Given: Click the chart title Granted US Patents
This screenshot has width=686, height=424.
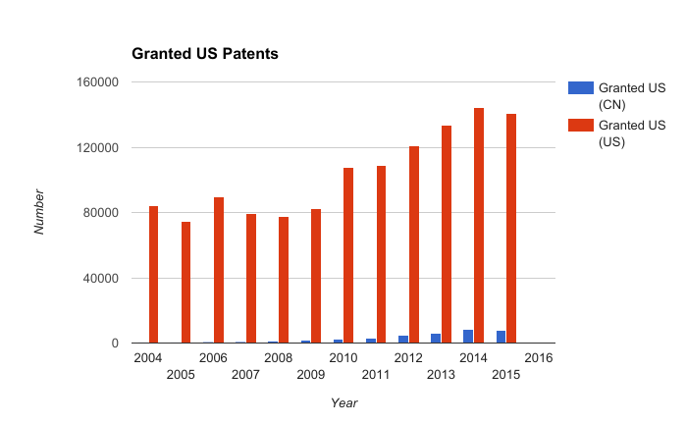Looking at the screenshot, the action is pos(205,54).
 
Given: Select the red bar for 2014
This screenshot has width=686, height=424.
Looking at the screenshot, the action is pos(479,226).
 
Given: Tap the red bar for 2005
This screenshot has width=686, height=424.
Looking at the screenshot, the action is pos(185,283).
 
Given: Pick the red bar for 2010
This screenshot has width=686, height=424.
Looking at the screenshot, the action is pos(348,255).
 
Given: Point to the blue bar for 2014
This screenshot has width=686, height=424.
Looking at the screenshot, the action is pos(468,337).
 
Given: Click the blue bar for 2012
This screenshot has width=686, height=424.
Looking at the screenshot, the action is pos(403,340).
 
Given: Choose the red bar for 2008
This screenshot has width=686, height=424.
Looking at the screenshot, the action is pos(284,280).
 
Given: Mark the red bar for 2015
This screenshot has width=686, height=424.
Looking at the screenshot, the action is pos(511,229).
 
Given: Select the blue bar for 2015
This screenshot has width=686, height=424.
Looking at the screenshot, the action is pos(501,337).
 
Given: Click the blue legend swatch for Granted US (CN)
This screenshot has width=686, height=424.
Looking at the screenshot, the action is pos(581,88).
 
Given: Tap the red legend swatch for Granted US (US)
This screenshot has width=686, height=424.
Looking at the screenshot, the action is pos(581,126).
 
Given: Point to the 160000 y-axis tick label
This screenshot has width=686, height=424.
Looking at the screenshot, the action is pos(97,82).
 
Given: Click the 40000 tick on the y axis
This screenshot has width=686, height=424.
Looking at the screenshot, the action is pos(101,279).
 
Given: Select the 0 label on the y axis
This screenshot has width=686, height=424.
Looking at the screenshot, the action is pos(115,344).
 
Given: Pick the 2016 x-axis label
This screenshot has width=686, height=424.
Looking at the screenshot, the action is pos(539,358).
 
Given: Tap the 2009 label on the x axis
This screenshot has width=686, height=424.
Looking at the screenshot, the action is pos(311,375).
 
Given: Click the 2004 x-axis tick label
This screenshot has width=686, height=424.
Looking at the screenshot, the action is pos(148,358).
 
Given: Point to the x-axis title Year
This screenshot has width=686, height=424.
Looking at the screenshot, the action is pos(343,403).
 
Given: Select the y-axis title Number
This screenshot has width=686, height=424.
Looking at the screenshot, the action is pos(39,212).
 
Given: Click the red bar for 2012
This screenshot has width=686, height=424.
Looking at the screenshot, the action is pos(414,244).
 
